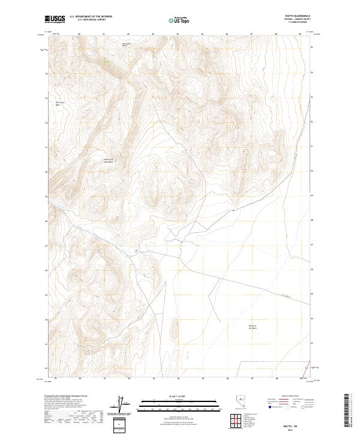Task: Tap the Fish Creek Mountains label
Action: [109, 160]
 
